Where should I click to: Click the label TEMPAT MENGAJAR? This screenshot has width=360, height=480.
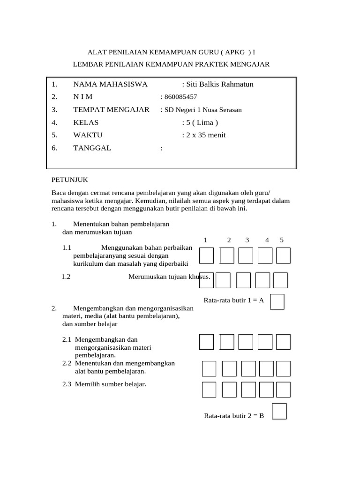[111, 110]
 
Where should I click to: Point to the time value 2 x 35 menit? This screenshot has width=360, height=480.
[205, 135]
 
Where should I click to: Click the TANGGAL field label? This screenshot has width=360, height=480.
[92, 148]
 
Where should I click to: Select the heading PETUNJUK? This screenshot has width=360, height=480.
[69, 180]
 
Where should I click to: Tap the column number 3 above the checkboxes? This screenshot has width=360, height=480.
[247, 240]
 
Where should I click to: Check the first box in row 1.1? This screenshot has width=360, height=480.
[206, 256]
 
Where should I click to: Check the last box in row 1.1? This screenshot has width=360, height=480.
[283, 256]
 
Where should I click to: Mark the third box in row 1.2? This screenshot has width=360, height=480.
[243, 280]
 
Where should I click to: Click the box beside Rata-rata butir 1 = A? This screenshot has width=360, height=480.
[277, 301]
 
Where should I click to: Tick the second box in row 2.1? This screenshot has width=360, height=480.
[226, 342]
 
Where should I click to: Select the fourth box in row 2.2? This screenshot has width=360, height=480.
[266, 368]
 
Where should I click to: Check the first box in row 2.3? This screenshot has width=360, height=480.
[209, 390]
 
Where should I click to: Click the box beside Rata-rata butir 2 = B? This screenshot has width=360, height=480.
[279, 412]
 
